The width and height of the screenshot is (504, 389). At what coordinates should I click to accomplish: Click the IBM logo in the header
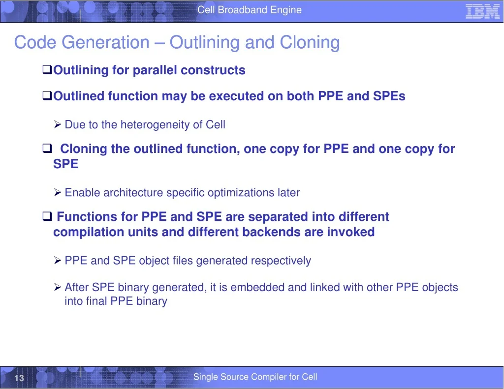tap(482, 12)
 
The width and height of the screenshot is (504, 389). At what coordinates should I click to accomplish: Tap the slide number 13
tap(19, 378)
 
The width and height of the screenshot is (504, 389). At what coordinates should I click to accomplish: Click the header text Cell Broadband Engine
tap(250, 10)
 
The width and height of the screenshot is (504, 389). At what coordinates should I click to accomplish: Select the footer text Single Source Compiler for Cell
tap(255, 377)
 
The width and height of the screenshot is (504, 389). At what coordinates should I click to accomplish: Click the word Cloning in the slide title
tap(310, 42)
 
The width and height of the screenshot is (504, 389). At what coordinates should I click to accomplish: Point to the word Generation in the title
tap(105, 42)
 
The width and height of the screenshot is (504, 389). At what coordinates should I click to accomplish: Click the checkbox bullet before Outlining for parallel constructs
tap(47, 69)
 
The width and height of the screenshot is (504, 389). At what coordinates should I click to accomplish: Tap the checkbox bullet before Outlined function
tap(47, 95)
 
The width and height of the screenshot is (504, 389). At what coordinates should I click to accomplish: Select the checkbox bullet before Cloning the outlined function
tap(47, 148)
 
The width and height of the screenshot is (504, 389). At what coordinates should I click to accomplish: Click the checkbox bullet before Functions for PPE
tap(47, 216)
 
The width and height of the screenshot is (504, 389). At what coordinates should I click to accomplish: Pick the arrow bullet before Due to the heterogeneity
tap(58, 124)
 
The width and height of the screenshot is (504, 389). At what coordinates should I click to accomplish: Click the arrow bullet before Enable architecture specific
tap(58, 192)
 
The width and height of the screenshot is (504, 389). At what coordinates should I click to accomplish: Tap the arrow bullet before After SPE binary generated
tap(58, 287)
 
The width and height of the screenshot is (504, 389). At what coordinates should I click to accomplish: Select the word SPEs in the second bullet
tap(389, 96)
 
